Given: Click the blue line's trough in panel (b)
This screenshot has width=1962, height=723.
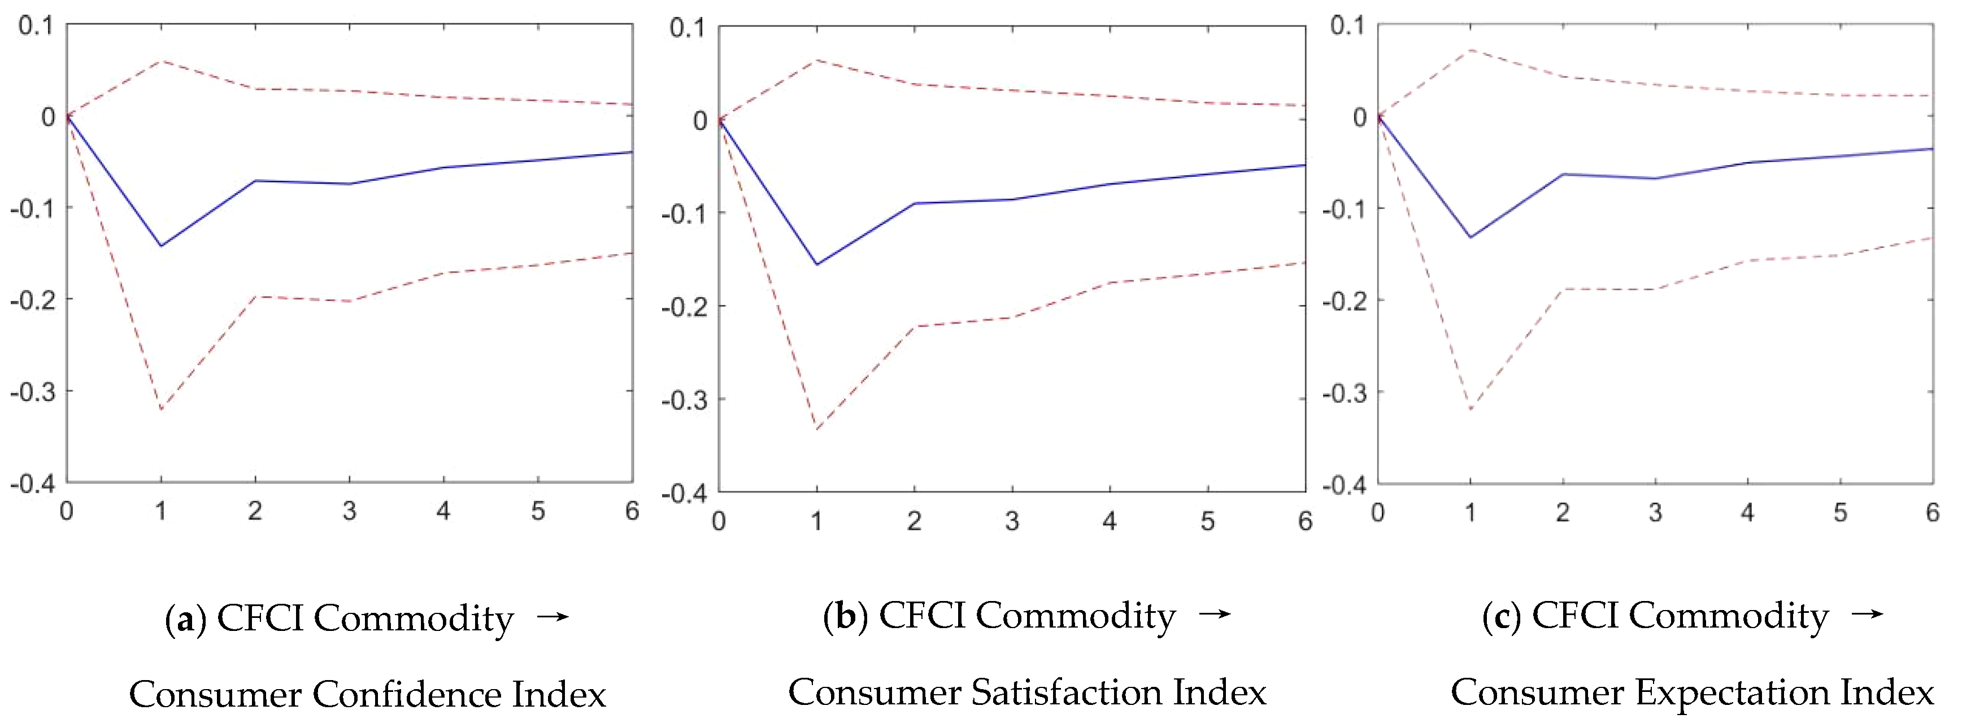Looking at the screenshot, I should [816, 264].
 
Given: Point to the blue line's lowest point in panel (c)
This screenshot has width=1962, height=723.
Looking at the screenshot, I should [1470, 237].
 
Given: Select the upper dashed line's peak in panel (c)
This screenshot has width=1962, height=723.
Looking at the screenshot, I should [1470, 50].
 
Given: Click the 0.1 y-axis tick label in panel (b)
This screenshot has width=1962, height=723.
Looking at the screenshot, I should [687, 28].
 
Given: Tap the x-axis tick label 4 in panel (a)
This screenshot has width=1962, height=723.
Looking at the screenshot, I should [443, 511].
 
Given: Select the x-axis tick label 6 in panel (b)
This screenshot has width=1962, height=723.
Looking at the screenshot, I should [1304, 521].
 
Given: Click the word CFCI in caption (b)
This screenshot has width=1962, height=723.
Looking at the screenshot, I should [921, 616].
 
